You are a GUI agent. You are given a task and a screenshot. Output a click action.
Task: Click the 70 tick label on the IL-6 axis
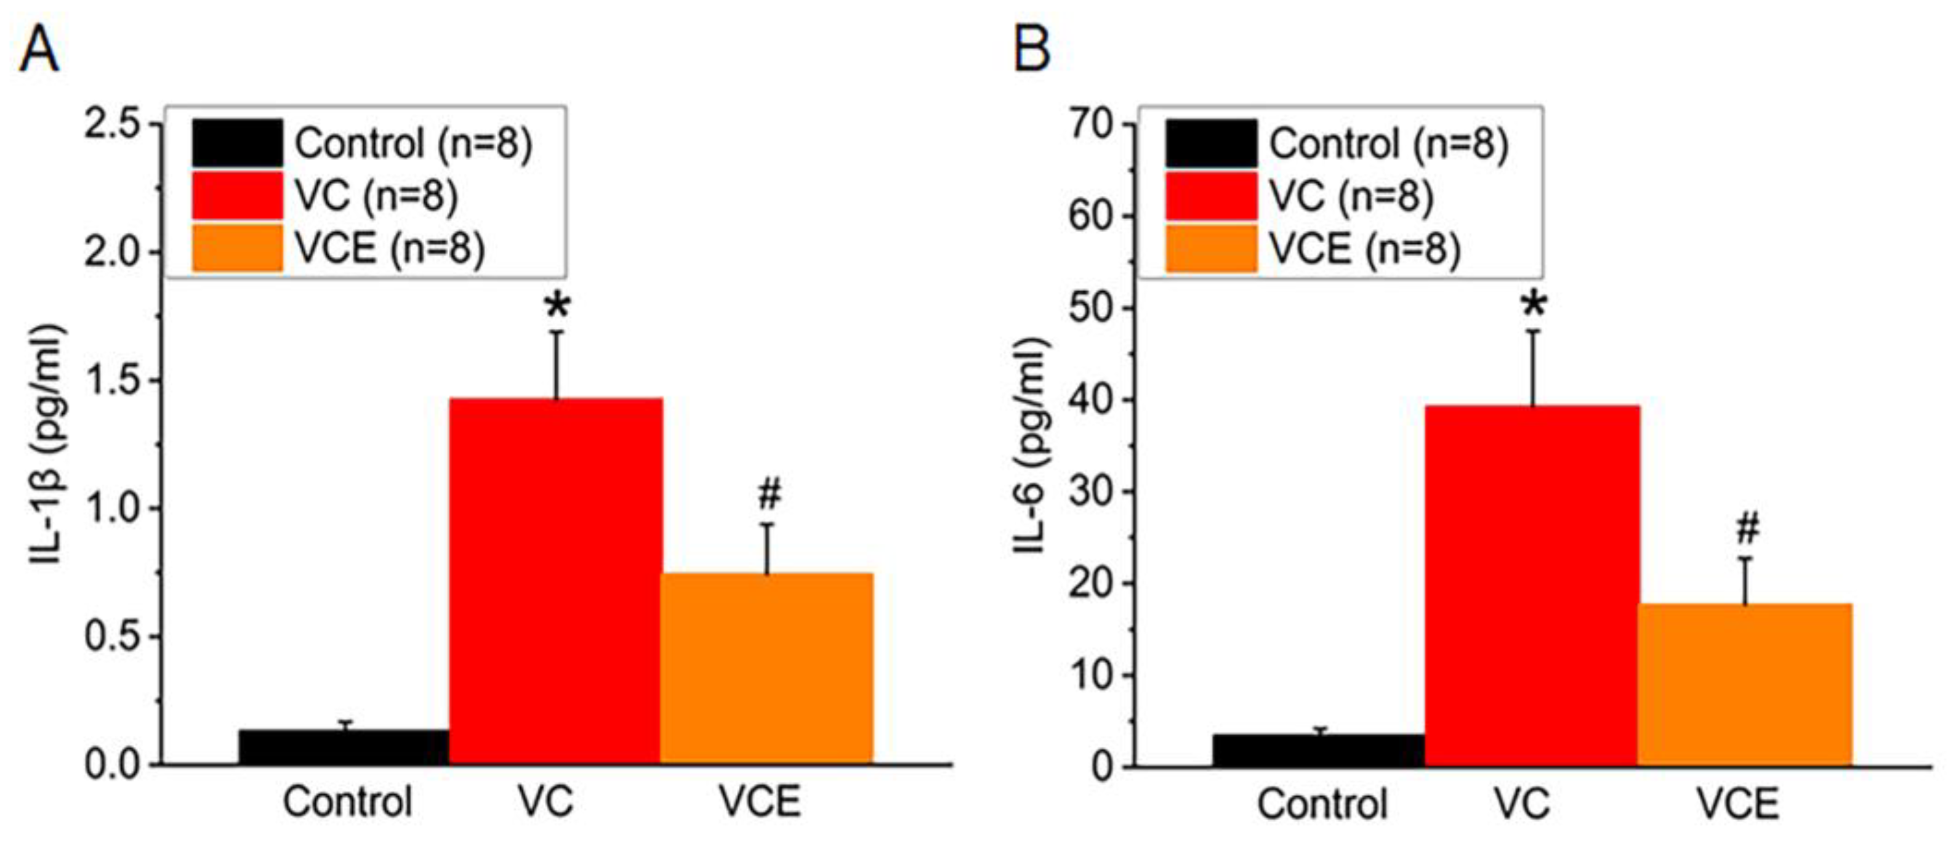1092,124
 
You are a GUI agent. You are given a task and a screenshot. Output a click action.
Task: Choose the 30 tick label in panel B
1092,491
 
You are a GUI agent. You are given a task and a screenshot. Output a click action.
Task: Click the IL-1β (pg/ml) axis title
47,445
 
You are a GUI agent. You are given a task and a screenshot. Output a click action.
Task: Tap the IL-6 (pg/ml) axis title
1032,445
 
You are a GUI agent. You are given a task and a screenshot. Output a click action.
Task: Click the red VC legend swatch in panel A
237,196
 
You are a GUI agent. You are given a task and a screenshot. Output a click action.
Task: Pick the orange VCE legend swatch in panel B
1211,248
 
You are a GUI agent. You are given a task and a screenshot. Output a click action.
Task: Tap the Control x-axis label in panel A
348,802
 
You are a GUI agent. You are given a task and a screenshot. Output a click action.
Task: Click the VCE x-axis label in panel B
1738,804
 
